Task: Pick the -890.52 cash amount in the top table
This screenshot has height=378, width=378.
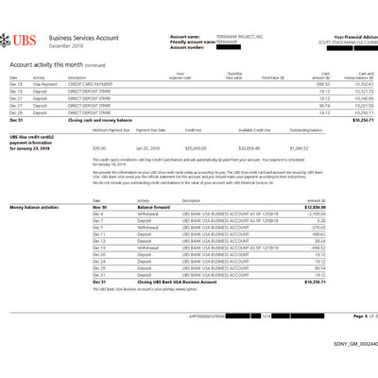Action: click(319, 84)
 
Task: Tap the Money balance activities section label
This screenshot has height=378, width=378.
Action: click(37, 205)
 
